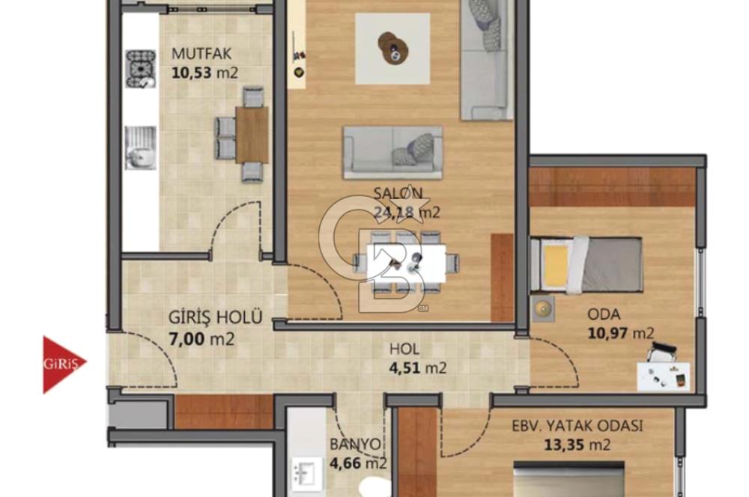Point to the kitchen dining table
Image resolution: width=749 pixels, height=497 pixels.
252,135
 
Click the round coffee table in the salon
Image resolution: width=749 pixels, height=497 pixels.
392,46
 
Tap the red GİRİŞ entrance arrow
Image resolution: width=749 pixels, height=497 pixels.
63,365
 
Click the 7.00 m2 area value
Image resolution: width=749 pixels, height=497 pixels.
201,338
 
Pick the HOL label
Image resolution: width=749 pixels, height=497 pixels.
404,349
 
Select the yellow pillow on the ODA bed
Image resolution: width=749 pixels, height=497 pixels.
555,264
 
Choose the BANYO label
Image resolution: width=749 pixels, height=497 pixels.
355,444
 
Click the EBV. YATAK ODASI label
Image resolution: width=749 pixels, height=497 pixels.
577,427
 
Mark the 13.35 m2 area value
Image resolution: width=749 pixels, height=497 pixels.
577,445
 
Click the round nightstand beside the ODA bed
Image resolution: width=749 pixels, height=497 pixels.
542,308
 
